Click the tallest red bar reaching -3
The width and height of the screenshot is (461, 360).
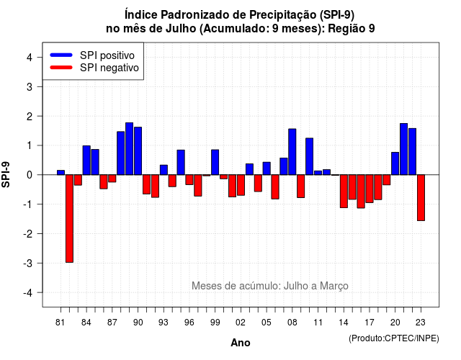coord(69,219)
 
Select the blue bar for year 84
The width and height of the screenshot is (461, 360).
coord(86,160)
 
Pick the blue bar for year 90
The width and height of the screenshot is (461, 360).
coord(138,151)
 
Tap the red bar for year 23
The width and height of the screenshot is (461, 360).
coord(421,198)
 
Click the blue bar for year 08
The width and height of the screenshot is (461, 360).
coord(292,152)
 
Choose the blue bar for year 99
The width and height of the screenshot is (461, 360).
coord(215,162)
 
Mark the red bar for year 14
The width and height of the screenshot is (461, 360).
coord(344,192)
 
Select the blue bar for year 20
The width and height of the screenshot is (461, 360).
coord(395,163)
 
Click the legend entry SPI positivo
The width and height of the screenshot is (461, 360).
coord(107,55)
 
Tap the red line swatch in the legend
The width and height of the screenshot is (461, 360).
coord(61,68)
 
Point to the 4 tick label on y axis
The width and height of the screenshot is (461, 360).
coord(30,57)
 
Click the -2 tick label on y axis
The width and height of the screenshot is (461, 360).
coord(28,233)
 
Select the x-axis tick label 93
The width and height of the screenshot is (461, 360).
coord(164,323)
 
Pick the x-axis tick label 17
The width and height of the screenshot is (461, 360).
coord(370,323)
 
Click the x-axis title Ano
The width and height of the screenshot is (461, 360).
coord(241,343)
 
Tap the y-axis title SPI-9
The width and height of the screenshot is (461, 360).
coord(6,174)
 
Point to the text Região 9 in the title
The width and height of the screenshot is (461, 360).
coord(352,29)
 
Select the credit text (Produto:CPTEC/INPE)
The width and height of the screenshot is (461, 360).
coord(394,338)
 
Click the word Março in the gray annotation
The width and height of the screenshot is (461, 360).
coord(334,286)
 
